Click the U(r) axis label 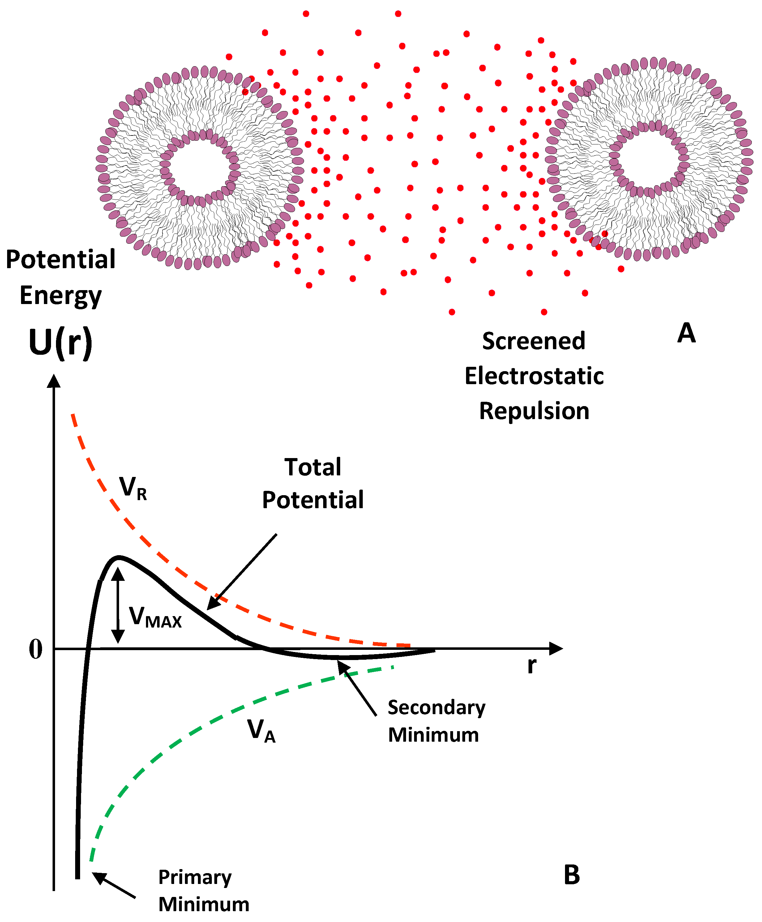tap(61, 343)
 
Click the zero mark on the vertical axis tap(36, 649)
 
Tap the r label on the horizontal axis tap(532, 666)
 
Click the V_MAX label tap(155, 617)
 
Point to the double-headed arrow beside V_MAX tap(118, 606)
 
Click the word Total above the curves tap(313, 467)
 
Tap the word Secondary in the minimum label tap(436, 708)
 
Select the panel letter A tap(686, 333)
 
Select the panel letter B tap(571, 875)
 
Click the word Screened tap(534, 341)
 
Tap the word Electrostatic tap(534, 376)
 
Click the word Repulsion tap(534, 411)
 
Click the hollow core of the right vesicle tap(649, 158)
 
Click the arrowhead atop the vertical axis tap(54, 381)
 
